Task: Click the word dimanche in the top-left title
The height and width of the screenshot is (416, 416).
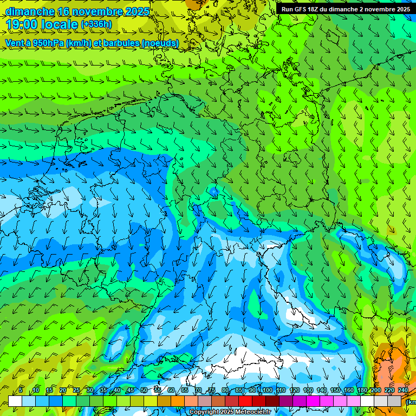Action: click(30, 11)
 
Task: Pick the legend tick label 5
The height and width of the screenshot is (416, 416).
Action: click(21, 391)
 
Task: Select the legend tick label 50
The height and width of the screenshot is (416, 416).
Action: click(144, 391)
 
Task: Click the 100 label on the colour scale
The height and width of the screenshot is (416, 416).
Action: click(266, 391)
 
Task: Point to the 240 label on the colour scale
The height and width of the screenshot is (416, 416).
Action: click(403, 391)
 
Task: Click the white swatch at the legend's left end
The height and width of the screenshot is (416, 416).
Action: click(15, 401)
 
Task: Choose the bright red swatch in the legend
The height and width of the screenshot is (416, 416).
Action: click(245, 401)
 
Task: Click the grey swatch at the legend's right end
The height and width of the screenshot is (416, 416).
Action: click(395, 401)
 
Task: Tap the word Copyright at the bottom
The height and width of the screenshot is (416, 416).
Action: click(204, 412)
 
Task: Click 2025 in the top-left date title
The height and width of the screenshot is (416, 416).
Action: click(137, 11)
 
